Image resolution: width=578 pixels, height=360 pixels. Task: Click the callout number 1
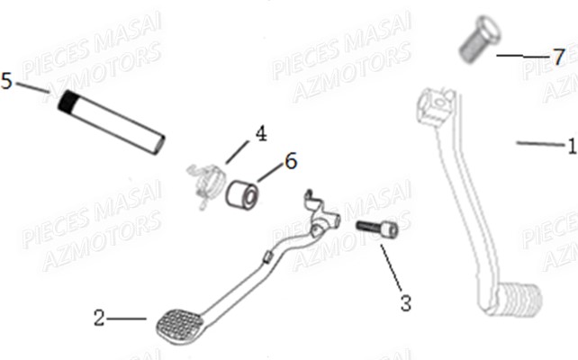tap(570, 144)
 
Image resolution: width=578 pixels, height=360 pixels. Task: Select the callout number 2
tap(99, 318)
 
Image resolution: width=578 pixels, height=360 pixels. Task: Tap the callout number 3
tap(406, 303)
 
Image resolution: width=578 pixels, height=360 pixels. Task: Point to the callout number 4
tap(260, 134)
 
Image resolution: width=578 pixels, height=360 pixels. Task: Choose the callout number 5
tap(7, 82)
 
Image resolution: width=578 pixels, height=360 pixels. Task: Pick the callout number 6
tap(290, 161)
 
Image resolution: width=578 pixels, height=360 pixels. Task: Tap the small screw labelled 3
tap(377, 229)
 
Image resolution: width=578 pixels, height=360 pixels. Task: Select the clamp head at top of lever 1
tap(434, 105)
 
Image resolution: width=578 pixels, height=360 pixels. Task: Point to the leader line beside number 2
tap(130, 318)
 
